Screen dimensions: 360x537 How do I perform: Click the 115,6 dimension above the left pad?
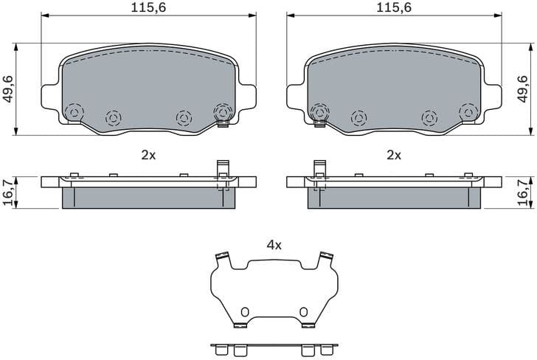148,8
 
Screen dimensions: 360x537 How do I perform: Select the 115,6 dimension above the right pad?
394,8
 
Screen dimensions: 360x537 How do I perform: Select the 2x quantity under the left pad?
148,155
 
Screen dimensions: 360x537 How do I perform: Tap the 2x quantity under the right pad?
394,155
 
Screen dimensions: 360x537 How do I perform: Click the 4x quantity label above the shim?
274,246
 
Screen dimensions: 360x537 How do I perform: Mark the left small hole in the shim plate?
246,311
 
